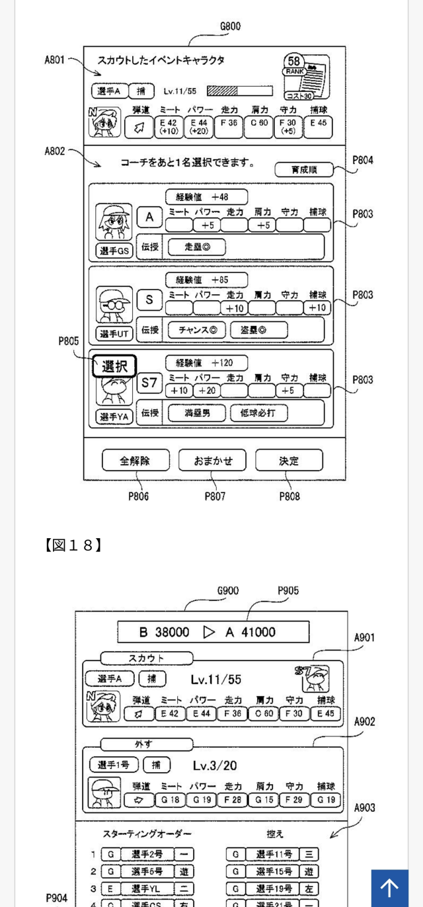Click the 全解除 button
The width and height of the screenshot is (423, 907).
point(135,461)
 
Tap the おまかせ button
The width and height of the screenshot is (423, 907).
point(211,461)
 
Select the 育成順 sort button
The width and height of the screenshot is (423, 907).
point(304,170)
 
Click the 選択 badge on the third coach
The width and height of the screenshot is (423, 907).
point(114,366)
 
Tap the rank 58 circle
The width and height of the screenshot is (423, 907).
point(294,61)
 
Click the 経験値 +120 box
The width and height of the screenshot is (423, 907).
point(206,363)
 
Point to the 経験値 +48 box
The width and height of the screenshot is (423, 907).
point(206,196)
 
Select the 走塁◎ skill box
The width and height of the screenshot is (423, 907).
point(196,247)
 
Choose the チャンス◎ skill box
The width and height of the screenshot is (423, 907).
point(196,330)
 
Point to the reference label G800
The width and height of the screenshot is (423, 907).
point(230,26)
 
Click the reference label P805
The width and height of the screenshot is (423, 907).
point(69,341)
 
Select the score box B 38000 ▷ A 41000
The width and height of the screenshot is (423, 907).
point(213,632)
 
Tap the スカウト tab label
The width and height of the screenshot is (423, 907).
point(146,658)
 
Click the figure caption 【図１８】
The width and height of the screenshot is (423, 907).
point(73,545)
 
